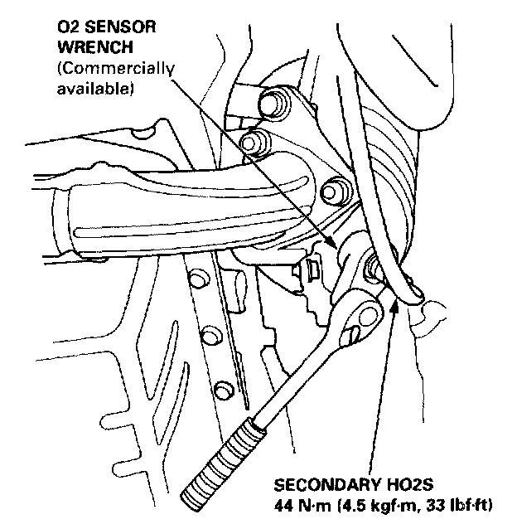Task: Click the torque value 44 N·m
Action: pyautogui.click(x=297, y=504)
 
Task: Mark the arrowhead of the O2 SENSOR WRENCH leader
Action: pyautogui.click(x=332, y=245)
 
